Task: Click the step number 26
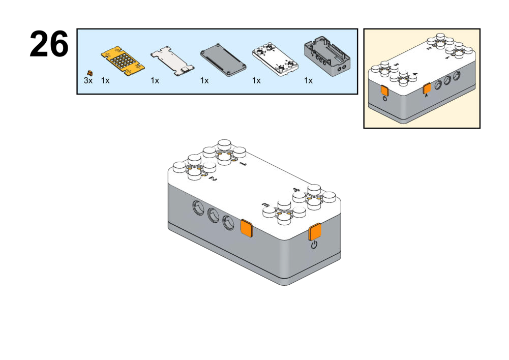click(x=49, y=44)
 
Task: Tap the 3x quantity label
click(x=88, y=81)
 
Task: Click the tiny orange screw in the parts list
click(x=90, y=73)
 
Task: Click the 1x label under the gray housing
click(x=308, y=81)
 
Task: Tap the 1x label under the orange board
click(x=105, y=81)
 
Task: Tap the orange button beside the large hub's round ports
click(x=247, y=228)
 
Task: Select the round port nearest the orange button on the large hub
click(x=229, y=222)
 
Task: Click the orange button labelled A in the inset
click(x=427, y=89)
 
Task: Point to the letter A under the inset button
click(x=427, y=96)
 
